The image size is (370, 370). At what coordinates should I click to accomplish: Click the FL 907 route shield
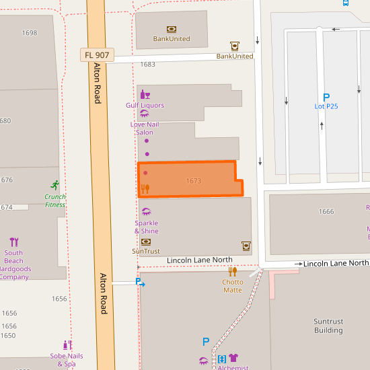click(97, 54)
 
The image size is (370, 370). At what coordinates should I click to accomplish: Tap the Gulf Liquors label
click(145, 106)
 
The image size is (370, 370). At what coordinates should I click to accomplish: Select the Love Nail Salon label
click(145, 128)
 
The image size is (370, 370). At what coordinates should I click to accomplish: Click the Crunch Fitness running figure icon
click(54, 185)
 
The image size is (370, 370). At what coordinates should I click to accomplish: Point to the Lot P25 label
click(326, 106)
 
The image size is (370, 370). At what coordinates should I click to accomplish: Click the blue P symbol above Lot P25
click(326, 97)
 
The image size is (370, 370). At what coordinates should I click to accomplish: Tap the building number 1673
click(194, 181)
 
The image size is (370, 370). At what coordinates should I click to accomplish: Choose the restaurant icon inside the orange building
click(145, 189)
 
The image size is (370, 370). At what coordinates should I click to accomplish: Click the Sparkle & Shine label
click(146, 227)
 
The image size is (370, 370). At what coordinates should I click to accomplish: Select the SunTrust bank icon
click(146, 242)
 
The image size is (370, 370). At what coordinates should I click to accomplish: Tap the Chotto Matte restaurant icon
click(233, 272)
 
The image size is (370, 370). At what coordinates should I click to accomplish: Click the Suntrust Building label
click(328, 326)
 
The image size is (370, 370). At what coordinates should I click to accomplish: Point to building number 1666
click(326, 212)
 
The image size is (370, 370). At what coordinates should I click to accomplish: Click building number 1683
click(147, 65)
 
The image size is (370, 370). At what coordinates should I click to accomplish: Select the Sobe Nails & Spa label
click(67, 360)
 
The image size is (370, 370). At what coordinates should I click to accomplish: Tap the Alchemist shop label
click(233, 367)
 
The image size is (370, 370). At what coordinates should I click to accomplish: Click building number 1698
click(30, 33)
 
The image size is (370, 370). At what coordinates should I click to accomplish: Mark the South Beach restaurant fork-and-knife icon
click(14, 242)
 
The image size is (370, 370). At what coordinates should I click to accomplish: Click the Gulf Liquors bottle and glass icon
click(145, 95)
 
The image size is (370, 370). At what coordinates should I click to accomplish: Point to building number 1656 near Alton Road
click(59, 299)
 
